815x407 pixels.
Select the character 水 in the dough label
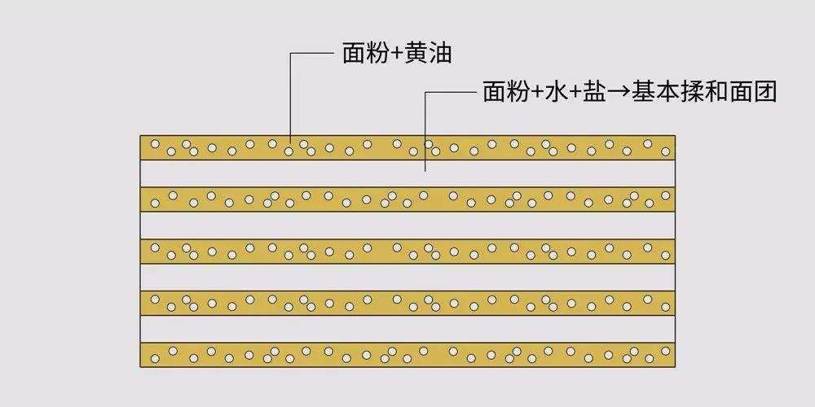point(557,93)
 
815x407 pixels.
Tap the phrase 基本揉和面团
point(702,93)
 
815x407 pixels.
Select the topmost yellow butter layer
point(407,147)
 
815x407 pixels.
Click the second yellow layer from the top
point(407,199)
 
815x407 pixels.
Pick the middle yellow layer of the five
point(407,251)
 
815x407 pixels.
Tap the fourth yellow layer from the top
point(407,303)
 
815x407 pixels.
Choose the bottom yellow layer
point(407,354)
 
